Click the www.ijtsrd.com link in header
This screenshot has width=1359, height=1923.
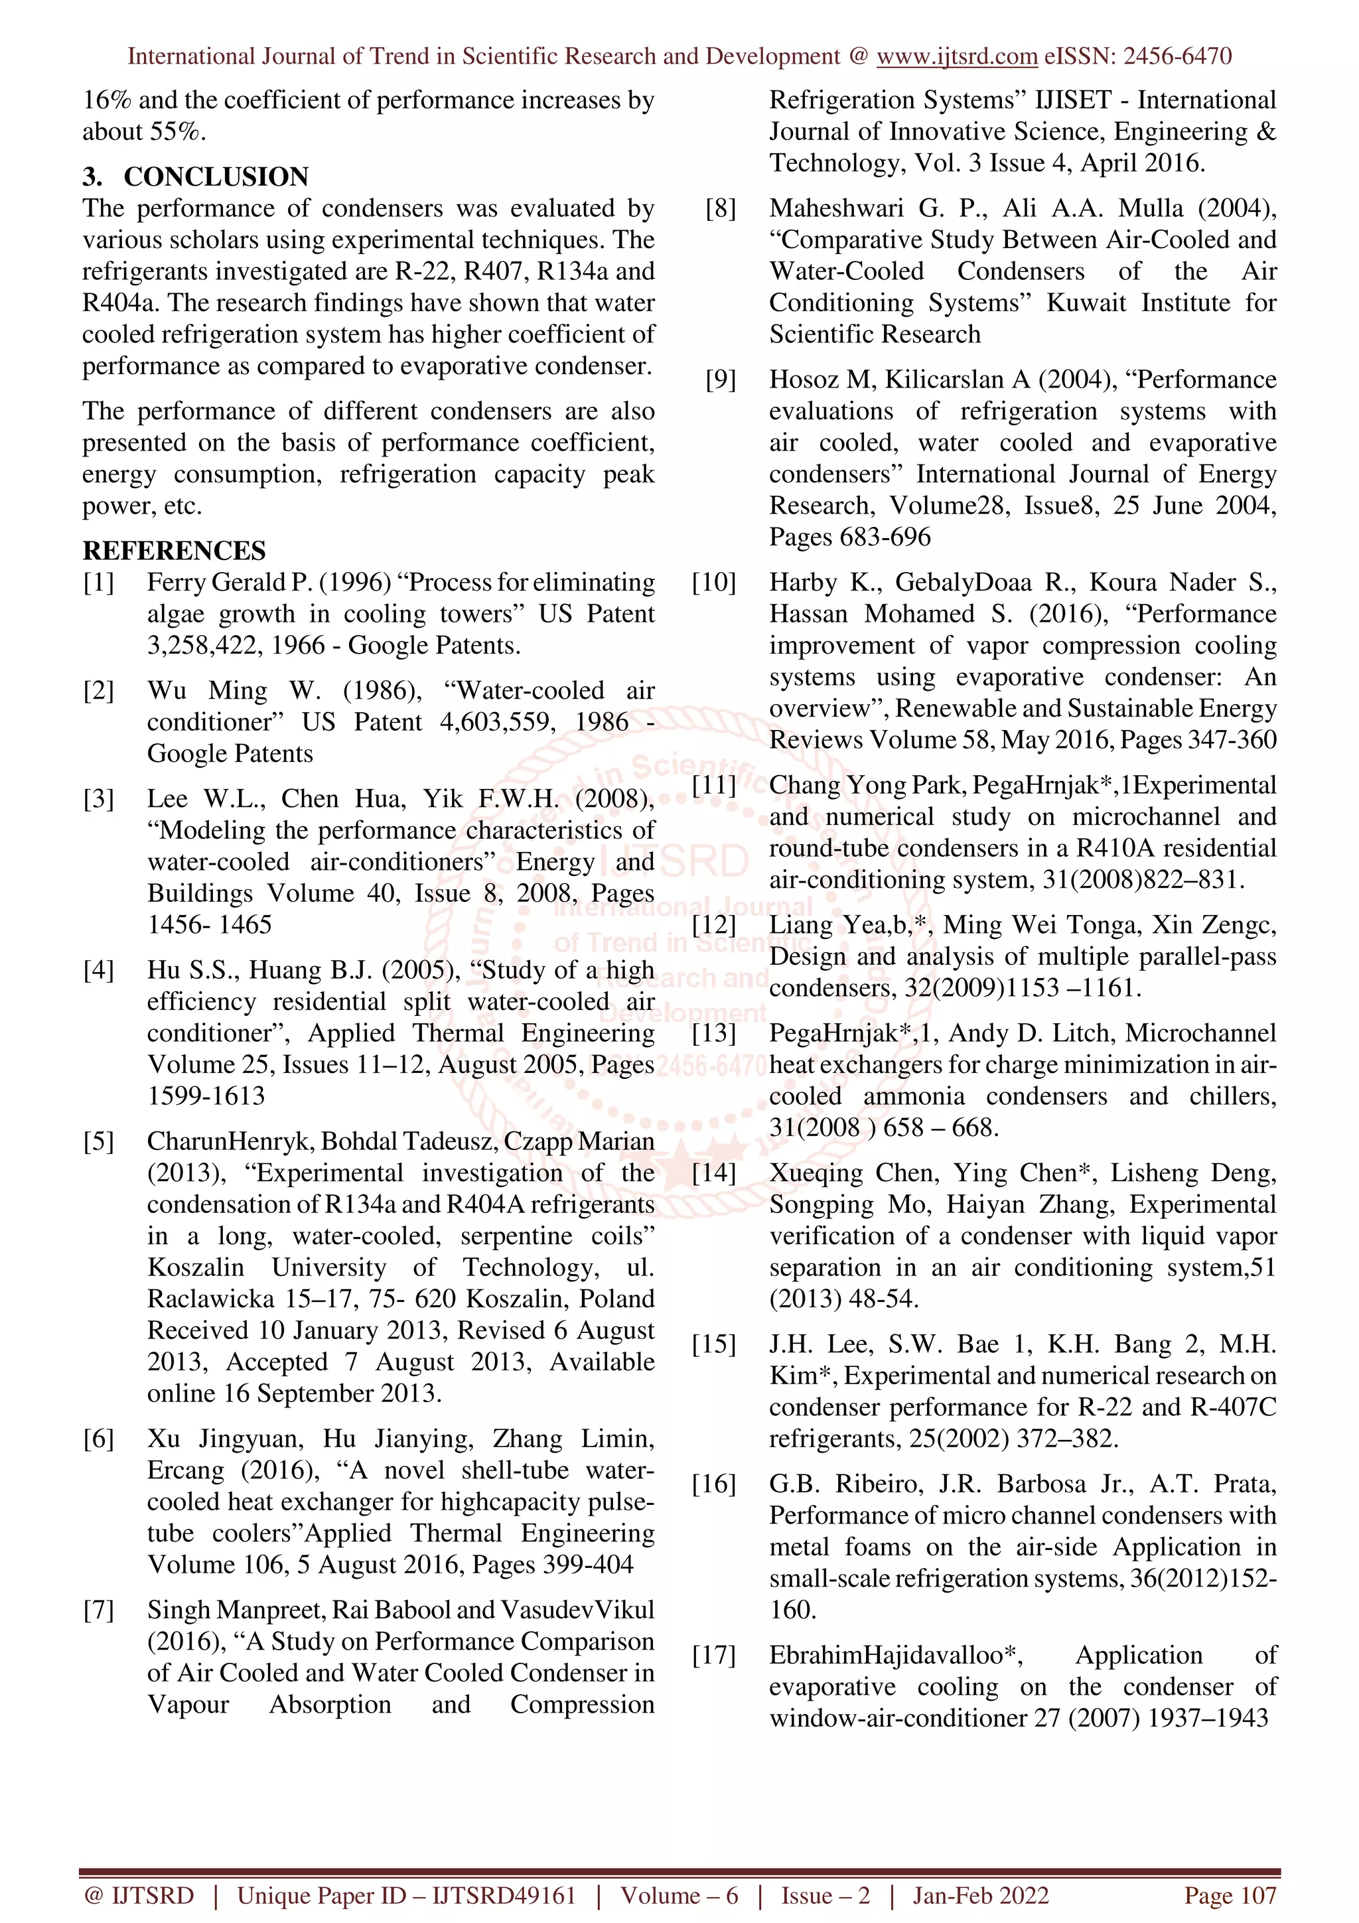pyautogui.click(x=956, y=56)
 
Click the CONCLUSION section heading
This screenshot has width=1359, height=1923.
pyautogui.click(x=216, y=177)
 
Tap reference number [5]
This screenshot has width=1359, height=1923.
pyautogui.click(x=98, y=1141)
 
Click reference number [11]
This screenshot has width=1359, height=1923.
pyautogui.click(x=713, y=786)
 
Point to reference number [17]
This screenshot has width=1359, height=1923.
pyautogui.click(x=713, y=1655)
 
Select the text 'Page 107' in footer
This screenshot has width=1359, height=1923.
pyautogui.click(x=1229, y=1895)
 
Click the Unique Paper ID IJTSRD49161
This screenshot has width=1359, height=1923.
pyautogui.click(x=406, y=1895)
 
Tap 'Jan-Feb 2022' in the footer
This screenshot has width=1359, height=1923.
pyautogui.click(x=979, y=1895)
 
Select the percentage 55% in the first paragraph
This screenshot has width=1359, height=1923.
pyautogui.click(x=178, y=131)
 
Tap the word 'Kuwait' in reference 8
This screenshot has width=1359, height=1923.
pyautogui.click(x=1086, y=303)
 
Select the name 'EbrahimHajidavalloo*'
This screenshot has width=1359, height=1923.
pyautogui.click(x=895, y=1655)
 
